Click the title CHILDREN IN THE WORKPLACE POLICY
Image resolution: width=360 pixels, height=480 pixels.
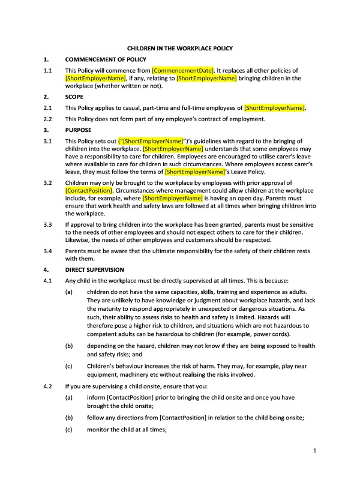point(180,48)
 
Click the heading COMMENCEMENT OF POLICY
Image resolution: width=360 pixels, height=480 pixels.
point(105,59)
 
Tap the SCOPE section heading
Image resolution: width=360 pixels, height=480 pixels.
point(74,96)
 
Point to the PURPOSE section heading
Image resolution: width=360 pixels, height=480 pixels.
point(78,130)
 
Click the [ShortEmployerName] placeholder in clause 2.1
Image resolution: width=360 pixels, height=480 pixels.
point(274,108)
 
